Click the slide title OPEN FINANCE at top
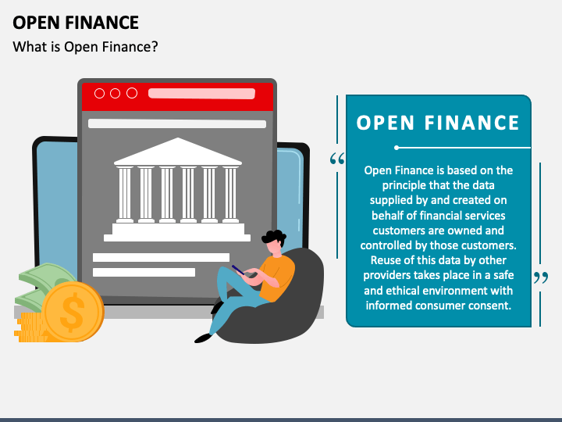(76, 22)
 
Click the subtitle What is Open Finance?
(86, 47)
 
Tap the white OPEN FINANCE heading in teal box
(438, 123)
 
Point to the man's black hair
(274, 237)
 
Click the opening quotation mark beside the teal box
(337, 159)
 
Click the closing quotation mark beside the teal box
(540, 277)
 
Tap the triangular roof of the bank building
(178, 152)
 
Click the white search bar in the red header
(201, 94)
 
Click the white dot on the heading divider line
(397, 147)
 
